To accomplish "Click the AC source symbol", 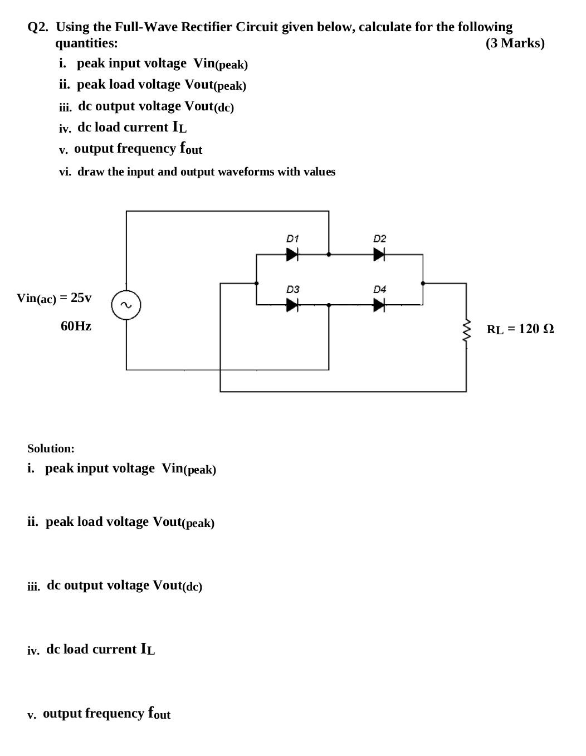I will [x=126, y=305].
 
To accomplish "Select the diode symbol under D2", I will [x=379, y=255].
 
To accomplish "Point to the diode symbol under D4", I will [x=379, y=305].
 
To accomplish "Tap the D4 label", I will [x=379, y=289].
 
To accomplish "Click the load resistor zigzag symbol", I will [x=467, y=333].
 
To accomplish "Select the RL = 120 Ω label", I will [x=520, y=329].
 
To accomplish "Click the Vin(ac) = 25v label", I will [x=54, y=298].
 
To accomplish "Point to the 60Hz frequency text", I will [x=76, y=326].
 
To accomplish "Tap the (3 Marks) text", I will [x=515, y=43].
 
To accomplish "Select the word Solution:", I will [x=51, y=448].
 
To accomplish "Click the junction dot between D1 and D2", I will [x=329, y=255].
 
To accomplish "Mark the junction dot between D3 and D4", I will [x=329, y=305].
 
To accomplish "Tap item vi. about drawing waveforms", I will [x=197, y=172].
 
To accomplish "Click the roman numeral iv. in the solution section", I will [x=33, y=650].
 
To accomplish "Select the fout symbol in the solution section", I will [x=159, y=713].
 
